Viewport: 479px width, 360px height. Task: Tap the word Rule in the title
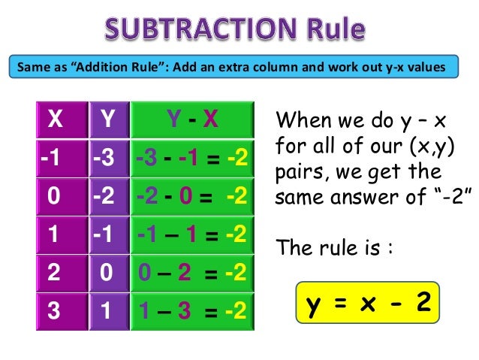[x=331, y=29]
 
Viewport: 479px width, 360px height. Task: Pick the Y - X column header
[x=192, y=119]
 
